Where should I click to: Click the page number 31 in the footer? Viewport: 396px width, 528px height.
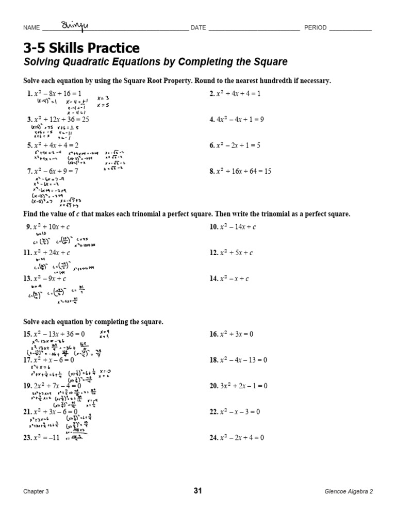point(198,491)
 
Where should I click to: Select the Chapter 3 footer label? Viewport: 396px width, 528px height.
point(36,491)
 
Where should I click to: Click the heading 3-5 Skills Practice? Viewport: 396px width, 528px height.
point(81,48)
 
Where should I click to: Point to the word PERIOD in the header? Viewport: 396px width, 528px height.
point(315,28)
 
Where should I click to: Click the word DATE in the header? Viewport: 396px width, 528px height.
point(199,28)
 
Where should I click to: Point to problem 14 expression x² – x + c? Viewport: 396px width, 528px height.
point(233,278)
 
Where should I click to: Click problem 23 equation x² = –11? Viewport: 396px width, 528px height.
point(44,438)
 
